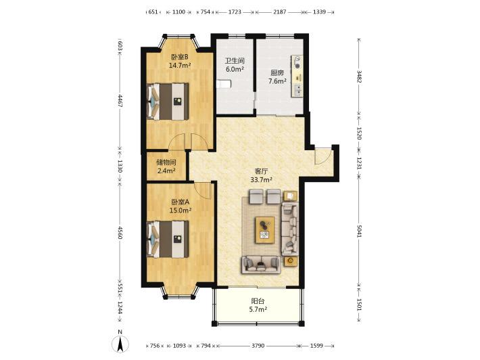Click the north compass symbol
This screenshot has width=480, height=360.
point(120,342)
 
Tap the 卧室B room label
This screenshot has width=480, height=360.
point(179,57)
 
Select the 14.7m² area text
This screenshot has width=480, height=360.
point(180,65)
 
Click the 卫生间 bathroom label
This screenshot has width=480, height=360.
point(235,61)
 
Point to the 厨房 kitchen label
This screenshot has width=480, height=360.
point(277,73)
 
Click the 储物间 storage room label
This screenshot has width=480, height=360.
point(166,162)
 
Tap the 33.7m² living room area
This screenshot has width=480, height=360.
point(262,180)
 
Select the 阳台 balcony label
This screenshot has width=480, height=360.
point(258,301)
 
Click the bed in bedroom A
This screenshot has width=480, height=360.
point(168,240)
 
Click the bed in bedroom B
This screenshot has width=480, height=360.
point(168,102)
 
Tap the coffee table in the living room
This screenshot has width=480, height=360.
point(265,230)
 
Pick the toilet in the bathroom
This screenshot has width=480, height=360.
point(224,84)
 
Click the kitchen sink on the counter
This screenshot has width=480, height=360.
point(297,90)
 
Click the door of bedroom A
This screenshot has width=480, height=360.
point(203,190)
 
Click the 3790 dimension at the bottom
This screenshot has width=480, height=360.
point(258,346)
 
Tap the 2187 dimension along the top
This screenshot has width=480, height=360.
point(279,12)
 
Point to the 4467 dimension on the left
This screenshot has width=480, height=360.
point(120,101)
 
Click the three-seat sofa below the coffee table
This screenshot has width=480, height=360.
point(261,265)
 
